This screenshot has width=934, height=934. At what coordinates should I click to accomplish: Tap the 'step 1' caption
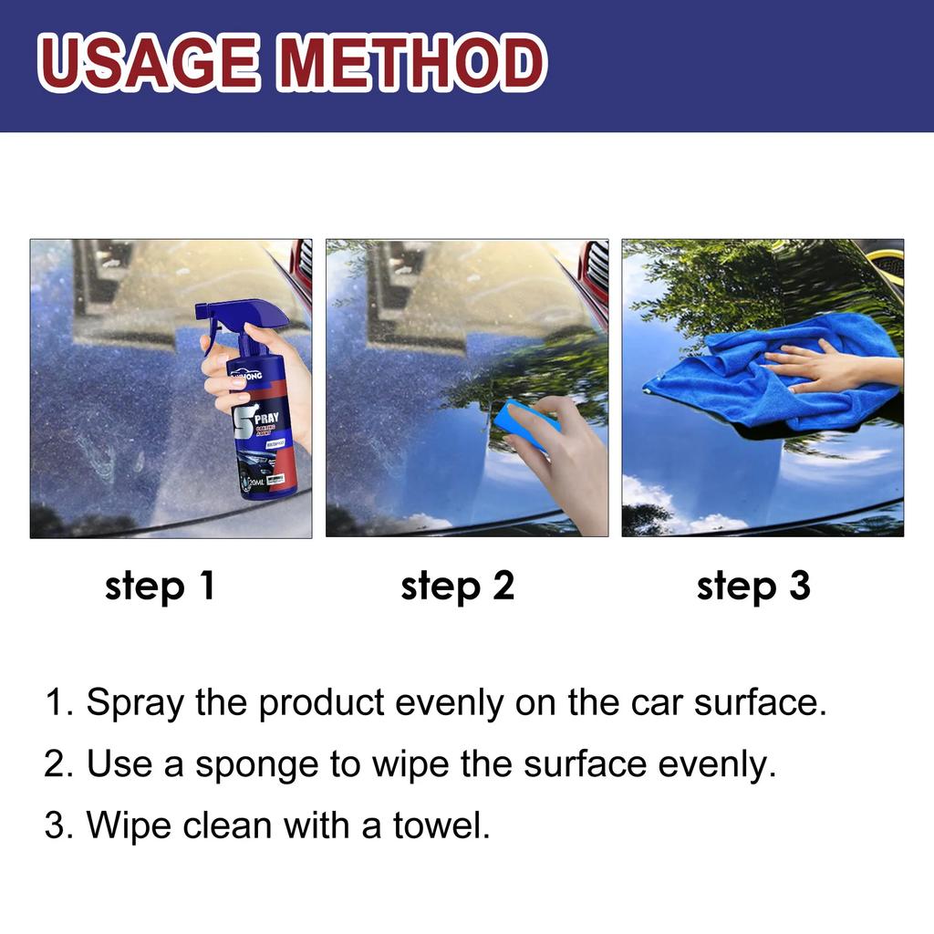tap(161, 586)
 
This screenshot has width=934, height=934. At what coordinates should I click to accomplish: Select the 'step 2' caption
tap(457, 586)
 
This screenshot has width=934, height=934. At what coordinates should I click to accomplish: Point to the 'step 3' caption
tap(753, 586)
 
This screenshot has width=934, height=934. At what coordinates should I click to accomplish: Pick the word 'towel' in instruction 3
tap(441, 826)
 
